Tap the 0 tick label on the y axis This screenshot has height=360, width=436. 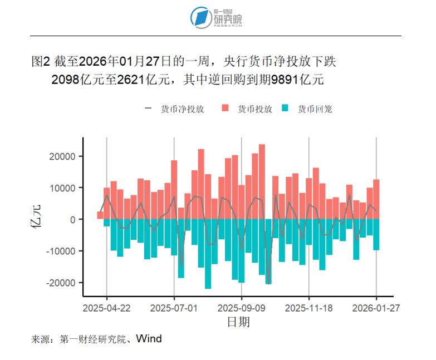click(x=72, y=220)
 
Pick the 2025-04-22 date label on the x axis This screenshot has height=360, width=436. click(x=107, y=307)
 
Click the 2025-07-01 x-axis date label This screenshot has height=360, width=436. click(x=174, y=307)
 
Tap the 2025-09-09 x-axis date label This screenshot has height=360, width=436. click(x=242, y=307)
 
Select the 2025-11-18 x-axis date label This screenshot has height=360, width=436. click(x=309, y=307)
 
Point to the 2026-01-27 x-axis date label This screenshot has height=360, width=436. click(x=376, y=307)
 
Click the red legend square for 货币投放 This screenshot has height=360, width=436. click(x=226, y=109)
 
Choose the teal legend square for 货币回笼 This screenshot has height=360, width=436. click(x=286, y=109)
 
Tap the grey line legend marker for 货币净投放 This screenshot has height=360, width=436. click(x=148, y=109)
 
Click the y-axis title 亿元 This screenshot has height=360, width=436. click(x=37, y=220)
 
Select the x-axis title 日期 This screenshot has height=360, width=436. click(x=238, y=322)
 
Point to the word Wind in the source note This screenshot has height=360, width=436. click(x=149, y=338)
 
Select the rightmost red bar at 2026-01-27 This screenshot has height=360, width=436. click(x=376, y=199)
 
